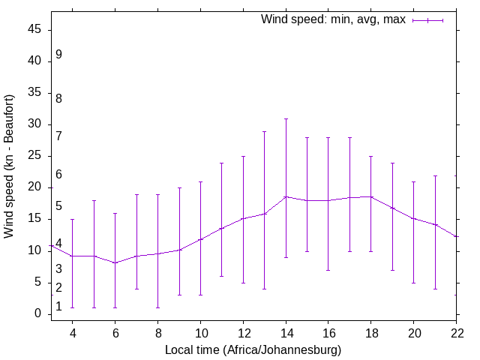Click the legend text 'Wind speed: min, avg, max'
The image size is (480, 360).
pyautogui.click(x=332, y=19)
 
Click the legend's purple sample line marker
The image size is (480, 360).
pyautogui.click(x=428, y=20)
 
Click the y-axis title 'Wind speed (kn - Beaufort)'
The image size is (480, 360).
pyautogui.click(x=9, y=166)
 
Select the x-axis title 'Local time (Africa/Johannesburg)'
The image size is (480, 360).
pyautogui.click(x=253, y=350)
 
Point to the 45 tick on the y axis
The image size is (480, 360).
pyautogui.click(x=36, y=31)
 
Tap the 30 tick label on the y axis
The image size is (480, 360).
pyautogui.click(x=36, y=125)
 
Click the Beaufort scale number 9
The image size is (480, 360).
pyautogui.click(x=58, y=55)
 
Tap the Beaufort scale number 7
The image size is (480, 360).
pyautogui.click(x=58, y=136)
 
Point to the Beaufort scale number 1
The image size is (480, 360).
pyautogui.click(x=58, y=307)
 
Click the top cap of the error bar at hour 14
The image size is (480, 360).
pyautogui.click(x=286, y=118)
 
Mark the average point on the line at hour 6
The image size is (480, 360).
pyautogui.click(x=115, y=263)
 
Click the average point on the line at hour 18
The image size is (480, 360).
pyautogui.click(x=371, y=196)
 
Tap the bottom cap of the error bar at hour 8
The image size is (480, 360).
pyautogui.click(x=157, y=307)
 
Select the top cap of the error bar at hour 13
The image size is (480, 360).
pyautogui.click(x=265, y=131)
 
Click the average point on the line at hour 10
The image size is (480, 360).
pyautogui.click(x=200, y=239)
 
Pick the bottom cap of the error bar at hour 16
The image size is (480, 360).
pyautogui.click(x=328, y=270)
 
